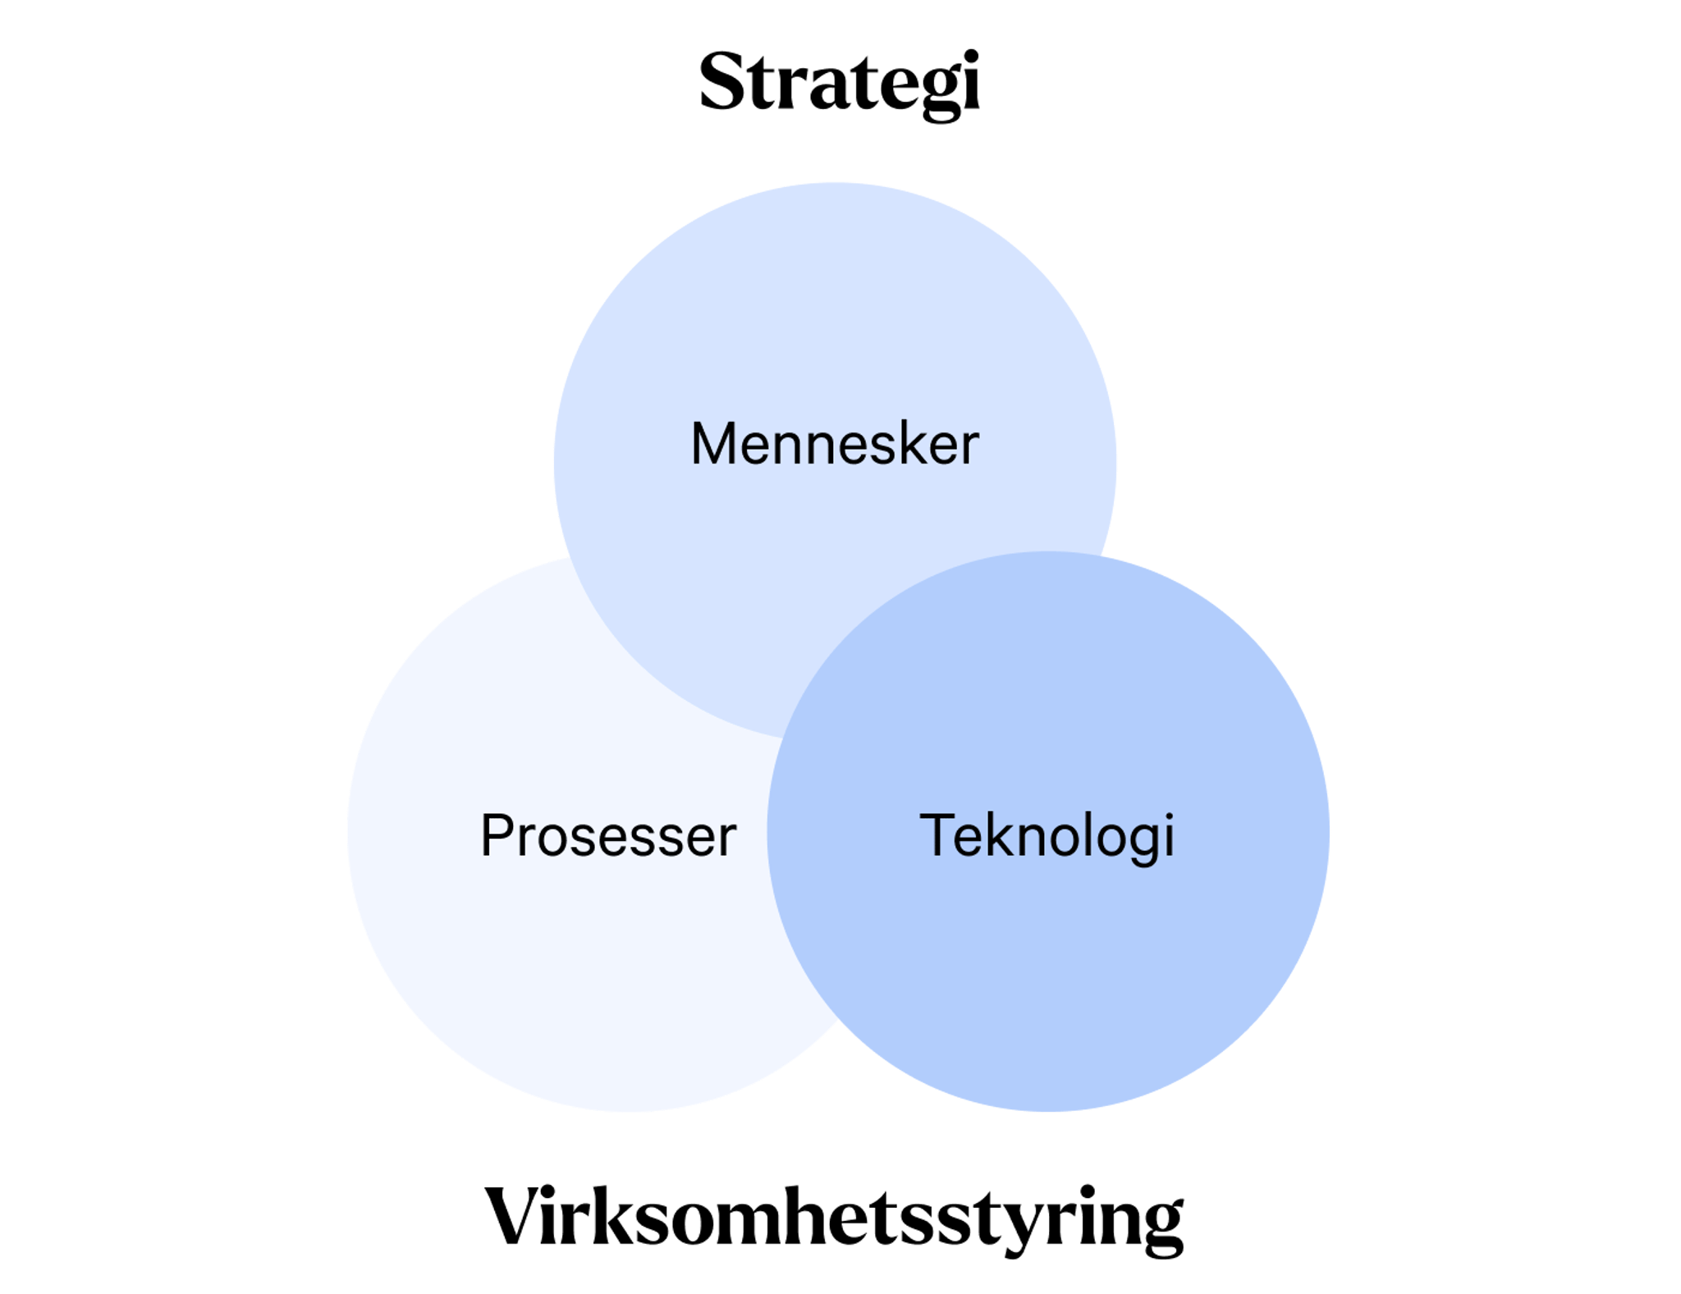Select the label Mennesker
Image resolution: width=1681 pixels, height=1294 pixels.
835,444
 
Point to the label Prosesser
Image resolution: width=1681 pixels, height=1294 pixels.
608,836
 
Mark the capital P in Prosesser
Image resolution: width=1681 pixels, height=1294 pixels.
497,836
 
